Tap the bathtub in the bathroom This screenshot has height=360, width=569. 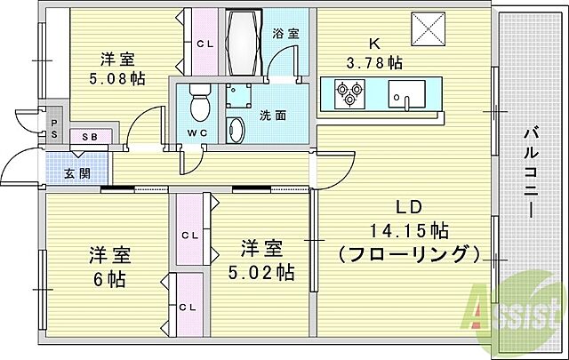[x=241, y=44]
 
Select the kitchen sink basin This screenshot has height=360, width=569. [x=408, y=90]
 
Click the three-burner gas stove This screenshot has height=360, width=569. [x=349, y=91]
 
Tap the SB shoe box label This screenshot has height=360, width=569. [x=90, y=137]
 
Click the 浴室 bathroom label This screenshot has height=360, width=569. [x=285, y=34]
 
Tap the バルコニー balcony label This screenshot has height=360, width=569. [x=530, y=173]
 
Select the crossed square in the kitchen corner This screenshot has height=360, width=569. [x=431, y=31]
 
